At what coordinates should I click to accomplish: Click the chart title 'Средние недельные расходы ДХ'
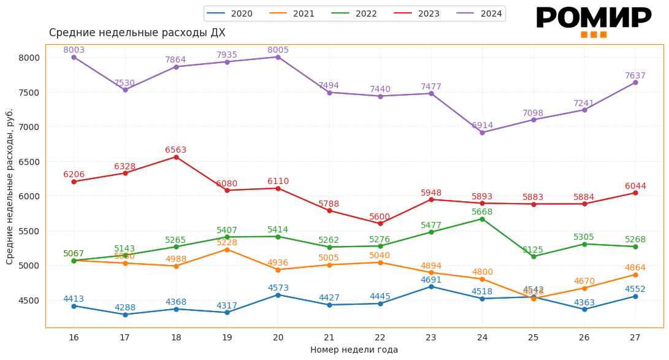click(x=137, y=33)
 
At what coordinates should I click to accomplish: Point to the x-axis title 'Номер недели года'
click(x=354, y=350)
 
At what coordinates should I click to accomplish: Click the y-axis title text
click(x=10, y=186)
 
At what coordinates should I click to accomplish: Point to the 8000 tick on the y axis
click(x=29, y=58)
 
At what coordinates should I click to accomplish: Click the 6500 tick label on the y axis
click(x=29, y=162)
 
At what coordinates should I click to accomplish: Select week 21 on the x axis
click(x=329, y=337)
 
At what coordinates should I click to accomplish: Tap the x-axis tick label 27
click(x=635, y=337)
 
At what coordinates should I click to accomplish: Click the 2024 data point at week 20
click(x=278, y=57)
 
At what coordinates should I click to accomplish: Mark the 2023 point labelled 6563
click(x=176, y=157)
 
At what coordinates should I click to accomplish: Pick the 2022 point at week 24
click(x=482, y=219)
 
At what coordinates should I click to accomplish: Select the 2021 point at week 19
click(x=227, y=250)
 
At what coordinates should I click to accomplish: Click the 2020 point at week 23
click(x=431, y=286)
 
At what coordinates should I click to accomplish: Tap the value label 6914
click(x=482, y=125)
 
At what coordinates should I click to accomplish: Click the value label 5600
click(x=380, y=217)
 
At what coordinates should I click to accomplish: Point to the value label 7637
click(x=635, y=76)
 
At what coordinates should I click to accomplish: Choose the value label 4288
click(x=125, y=308)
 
